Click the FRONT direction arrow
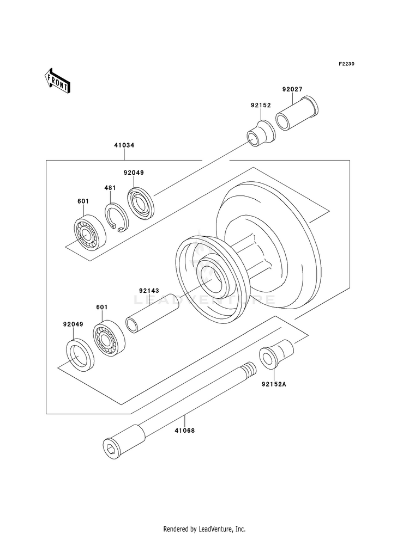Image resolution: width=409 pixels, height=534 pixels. [57, 81]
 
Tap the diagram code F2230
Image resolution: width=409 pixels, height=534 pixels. [346, 64]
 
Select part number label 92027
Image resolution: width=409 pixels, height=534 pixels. [292, 90]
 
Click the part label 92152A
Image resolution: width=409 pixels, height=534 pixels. [274, 384]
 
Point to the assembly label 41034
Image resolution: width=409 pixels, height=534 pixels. [124, 145]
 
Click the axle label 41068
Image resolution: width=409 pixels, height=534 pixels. [184, 431]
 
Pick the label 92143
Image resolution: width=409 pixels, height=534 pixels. [149, 291]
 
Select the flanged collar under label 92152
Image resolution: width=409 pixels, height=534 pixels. [261, 133]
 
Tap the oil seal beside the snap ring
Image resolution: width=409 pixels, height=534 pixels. [141, 203]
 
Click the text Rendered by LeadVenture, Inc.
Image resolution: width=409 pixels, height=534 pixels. [204, 529]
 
